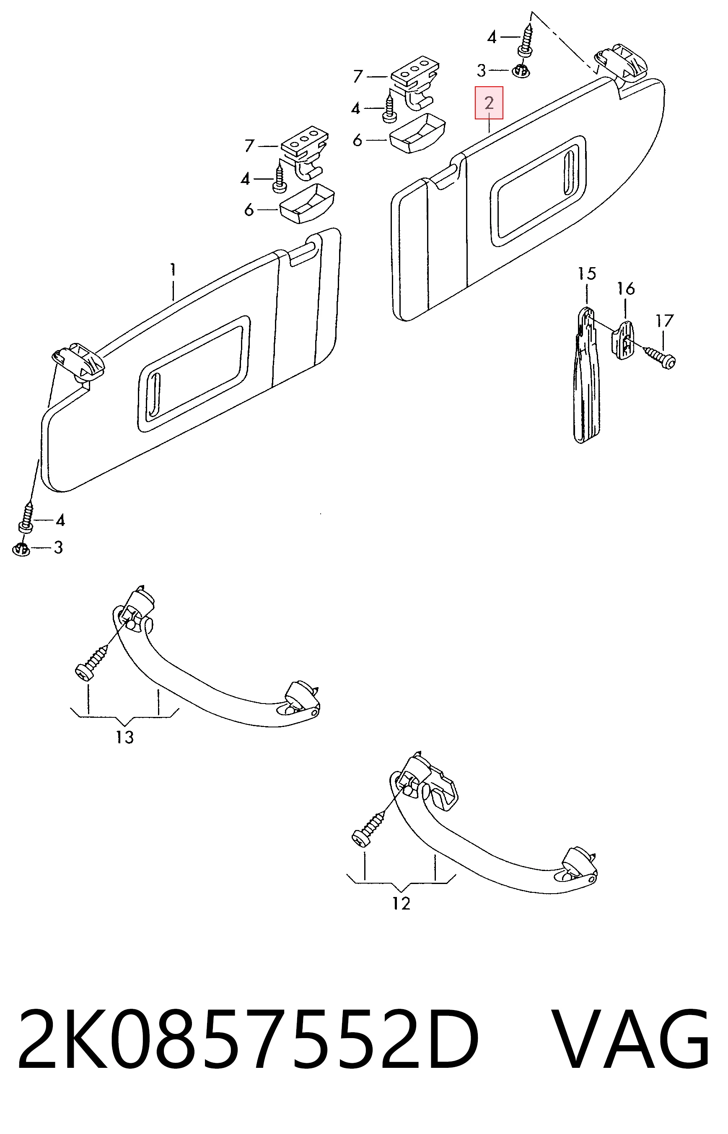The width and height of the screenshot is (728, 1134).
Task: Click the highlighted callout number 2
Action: tap(489, 103)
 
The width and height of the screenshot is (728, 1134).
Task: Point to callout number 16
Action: tap(626, 289)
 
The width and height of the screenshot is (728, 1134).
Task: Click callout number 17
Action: tap(664, 321)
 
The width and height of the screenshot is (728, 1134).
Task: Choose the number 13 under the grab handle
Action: tap(125, 737)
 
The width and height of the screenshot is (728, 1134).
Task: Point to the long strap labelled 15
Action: tap(587, 375)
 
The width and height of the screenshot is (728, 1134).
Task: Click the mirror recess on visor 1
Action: tap(194, 374)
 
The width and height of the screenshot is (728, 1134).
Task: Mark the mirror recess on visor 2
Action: tap(539, 191)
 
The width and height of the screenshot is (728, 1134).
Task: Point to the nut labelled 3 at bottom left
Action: tap(20, 549)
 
